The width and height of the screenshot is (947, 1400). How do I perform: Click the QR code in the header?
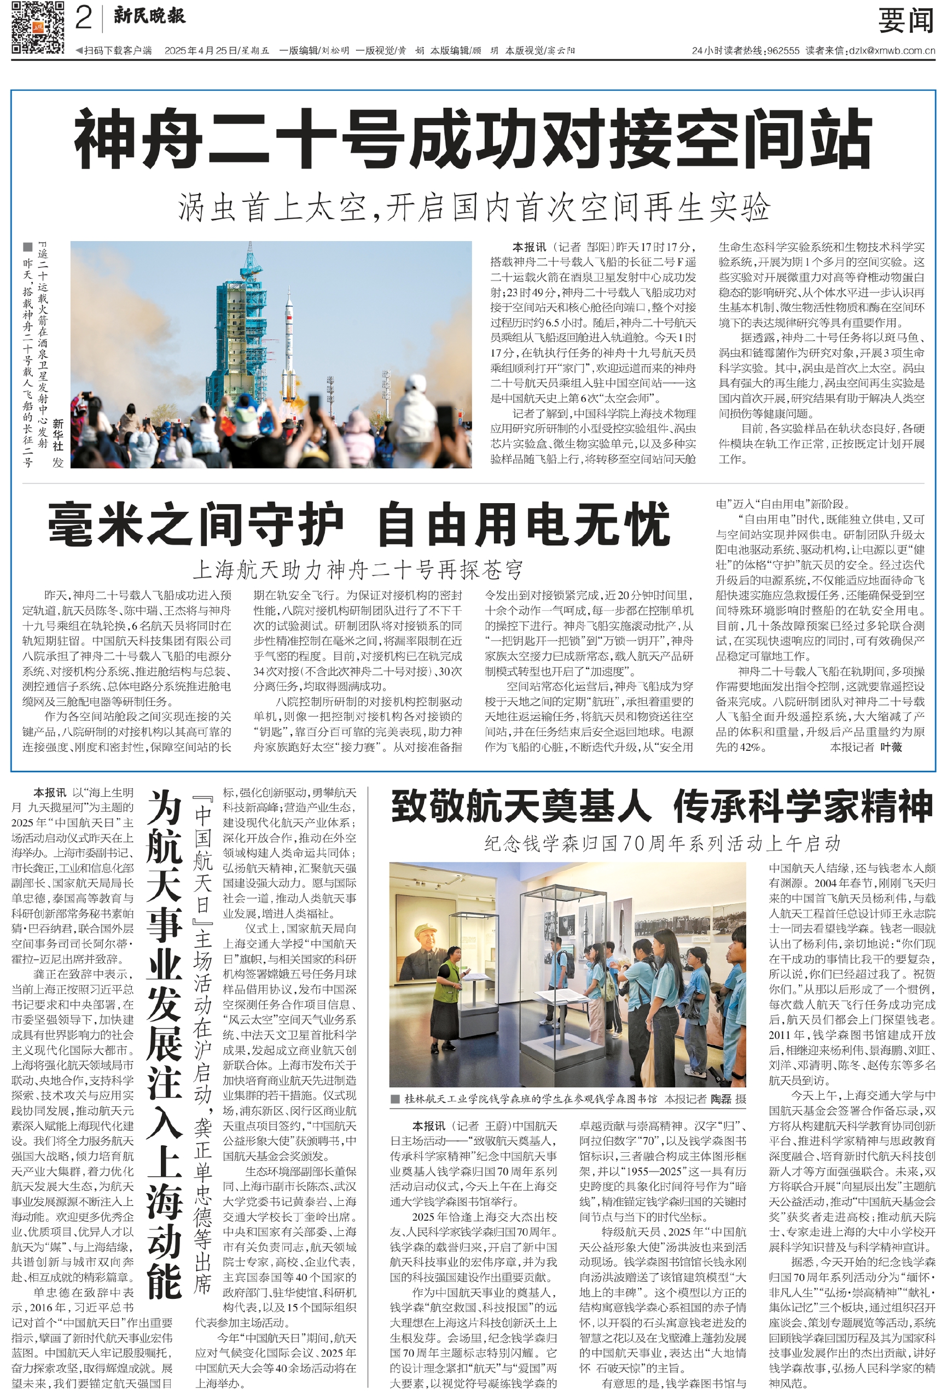[37, 28]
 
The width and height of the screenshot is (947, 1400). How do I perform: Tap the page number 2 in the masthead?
[84, 18]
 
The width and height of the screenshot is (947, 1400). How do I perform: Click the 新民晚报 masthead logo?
[149, 16]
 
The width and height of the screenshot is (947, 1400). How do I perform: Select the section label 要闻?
[905, 21]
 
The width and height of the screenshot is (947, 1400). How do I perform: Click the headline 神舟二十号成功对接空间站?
[473, 141]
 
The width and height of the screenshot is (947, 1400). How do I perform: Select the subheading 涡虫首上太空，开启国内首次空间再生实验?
[473, 207]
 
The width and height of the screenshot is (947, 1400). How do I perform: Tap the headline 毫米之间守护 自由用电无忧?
[359, 523]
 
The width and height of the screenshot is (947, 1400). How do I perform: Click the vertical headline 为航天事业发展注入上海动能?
[164, 1042]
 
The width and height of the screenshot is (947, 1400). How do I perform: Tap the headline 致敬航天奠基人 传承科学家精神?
[661, 807]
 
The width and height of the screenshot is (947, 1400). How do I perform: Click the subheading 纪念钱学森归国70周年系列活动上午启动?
[662, 843]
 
